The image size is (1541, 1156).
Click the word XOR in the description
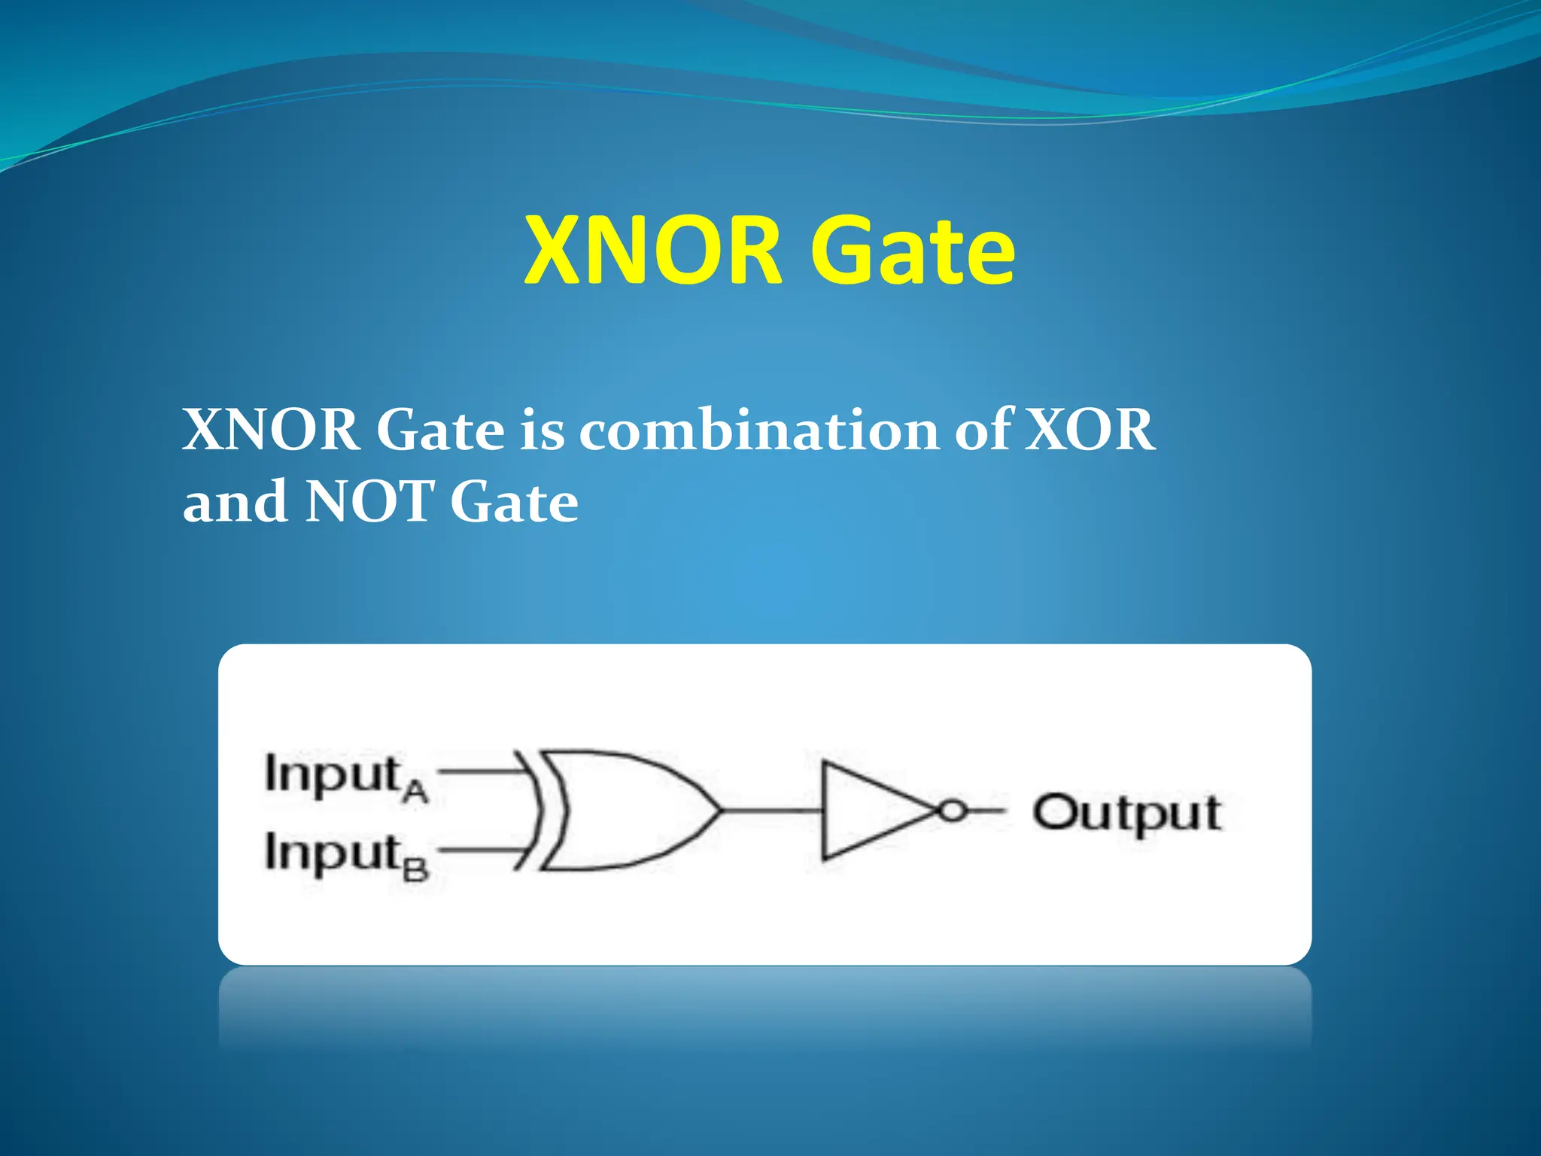(x=1090, y=430)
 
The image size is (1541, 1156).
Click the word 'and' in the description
(x=234, y=502)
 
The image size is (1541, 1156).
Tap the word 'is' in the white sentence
(x=541, y=430)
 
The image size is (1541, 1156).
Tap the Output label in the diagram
(x=1126, y=814)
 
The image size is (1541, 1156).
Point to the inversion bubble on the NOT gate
(x=953, y=811)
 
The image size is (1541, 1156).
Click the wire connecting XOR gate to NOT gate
(x=771, y=811)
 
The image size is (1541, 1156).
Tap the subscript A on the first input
(x=415, y=792)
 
